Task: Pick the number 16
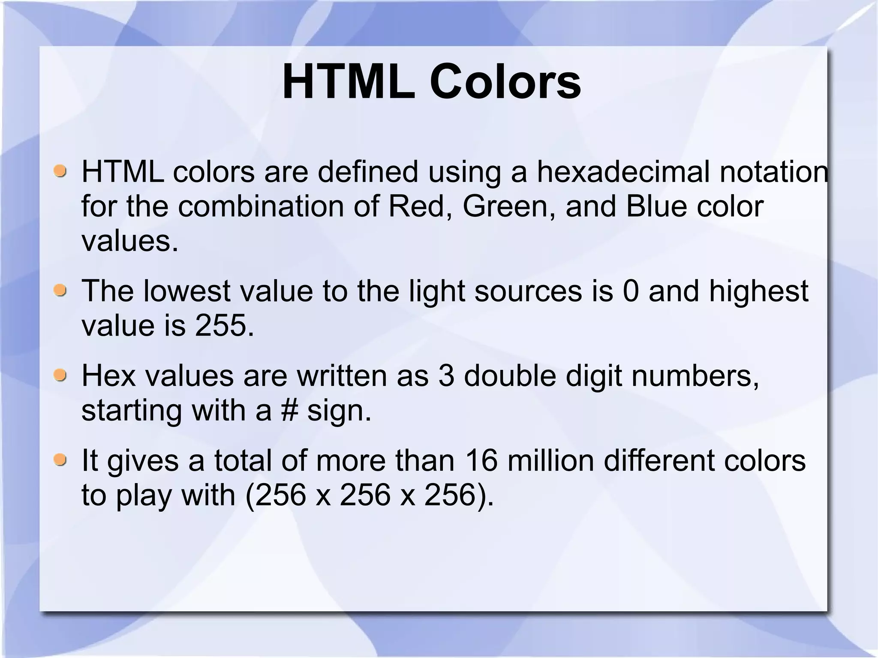[x=481, y=461]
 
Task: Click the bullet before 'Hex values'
[x=60, y=376]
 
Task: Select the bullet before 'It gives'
[x=60, y=460]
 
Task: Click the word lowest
[x=187, y=291]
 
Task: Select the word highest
[x=758, y=291]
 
